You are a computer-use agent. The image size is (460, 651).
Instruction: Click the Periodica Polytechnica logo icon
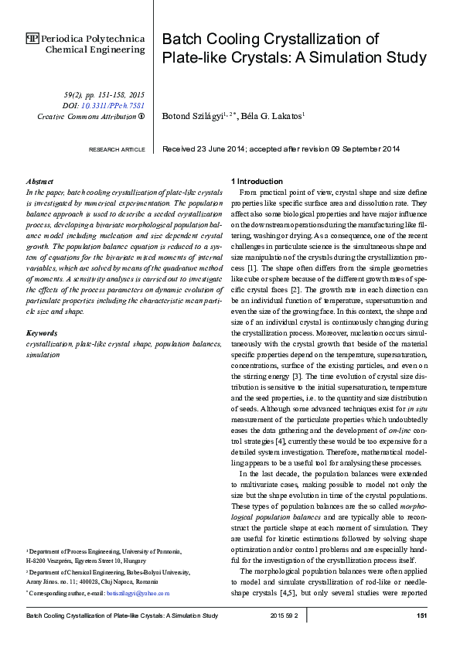point(32,38)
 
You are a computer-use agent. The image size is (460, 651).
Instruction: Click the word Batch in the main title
point(180,40)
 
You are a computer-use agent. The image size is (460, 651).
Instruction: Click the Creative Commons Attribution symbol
point(141,116)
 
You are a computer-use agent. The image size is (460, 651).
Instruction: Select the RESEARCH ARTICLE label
point(117,149)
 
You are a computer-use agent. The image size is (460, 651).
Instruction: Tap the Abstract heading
point(40,181)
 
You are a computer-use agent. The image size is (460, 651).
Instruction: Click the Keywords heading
point(42,333)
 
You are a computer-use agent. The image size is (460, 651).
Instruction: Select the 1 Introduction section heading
point(260,181)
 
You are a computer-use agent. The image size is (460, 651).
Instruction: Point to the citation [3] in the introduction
point(307,376)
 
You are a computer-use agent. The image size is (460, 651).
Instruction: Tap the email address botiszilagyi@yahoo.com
point(139,593)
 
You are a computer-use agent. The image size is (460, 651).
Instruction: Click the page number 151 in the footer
point(422,615)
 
